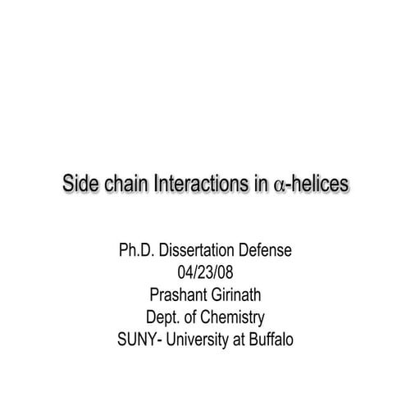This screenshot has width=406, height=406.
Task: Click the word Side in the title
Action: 81,184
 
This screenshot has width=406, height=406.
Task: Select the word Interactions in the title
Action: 198,184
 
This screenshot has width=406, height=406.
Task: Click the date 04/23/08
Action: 204,271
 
